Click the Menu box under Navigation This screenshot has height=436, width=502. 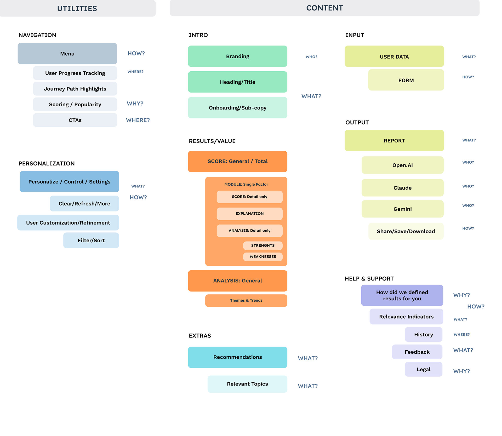(67, 54)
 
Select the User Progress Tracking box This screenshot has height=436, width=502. (75, 73)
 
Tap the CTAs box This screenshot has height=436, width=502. (75, 120)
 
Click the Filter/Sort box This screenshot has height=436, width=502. (91, 240)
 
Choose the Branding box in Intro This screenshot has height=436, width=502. (237, 56)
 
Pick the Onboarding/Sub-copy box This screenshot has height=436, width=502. (237, 108)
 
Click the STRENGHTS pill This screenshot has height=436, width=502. (263, 245)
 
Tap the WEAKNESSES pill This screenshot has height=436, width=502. (263, 257)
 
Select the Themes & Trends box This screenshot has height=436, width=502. (246, 301)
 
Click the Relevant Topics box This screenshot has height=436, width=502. (247, 384)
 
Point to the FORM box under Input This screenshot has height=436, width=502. (406, 80)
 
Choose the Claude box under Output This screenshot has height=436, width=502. (402, 188)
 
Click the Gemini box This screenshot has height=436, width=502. (402, 209)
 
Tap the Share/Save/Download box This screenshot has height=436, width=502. (406, 231)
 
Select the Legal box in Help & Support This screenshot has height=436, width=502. (424, 369)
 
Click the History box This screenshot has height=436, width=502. (424, 335)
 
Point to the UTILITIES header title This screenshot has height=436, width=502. (77, 9)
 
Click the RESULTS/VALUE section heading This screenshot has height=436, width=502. (212, 141)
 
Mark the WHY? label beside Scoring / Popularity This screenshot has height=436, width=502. (135, 104)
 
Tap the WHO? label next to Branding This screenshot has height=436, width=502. (311, 57)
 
